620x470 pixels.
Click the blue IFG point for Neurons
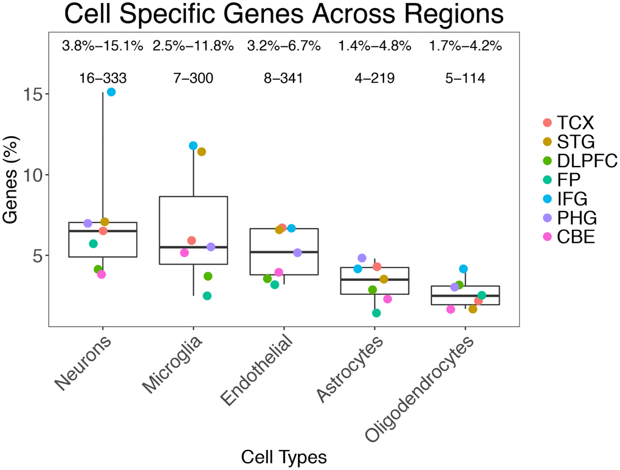(111, 92)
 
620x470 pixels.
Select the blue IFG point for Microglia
(193, 145)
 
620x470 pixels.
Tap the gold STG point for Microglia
(202, 151)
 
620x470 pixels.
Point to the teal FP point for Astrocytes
(376, 313)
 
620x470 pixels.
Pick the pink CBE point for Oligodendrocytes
(450, 309)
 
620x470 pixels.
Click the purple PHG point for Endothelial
(298, 252)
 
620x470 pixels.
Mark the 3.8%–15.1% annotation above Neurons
(102, 46)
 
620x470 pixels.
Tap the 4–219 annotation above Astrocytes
(374, 78)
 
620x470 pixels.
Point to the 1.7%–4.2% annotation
(466, 46)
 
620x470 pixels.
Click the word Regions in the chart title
(455, 15)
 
